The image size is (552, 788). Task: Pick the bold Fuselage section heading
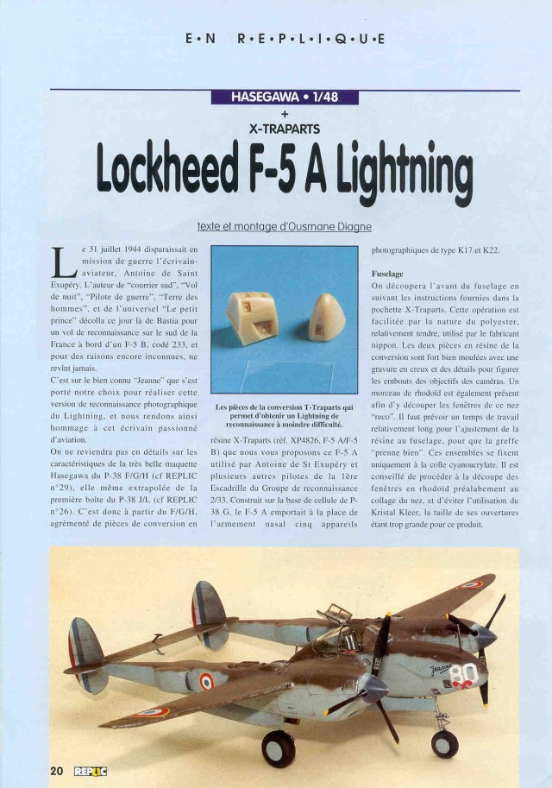387,272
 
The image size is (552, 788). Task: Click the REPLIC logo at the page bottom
91,771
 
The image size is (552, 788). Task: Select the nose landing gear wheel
445,744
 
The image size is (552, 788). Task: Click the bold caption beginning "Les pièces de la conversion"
284,415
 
